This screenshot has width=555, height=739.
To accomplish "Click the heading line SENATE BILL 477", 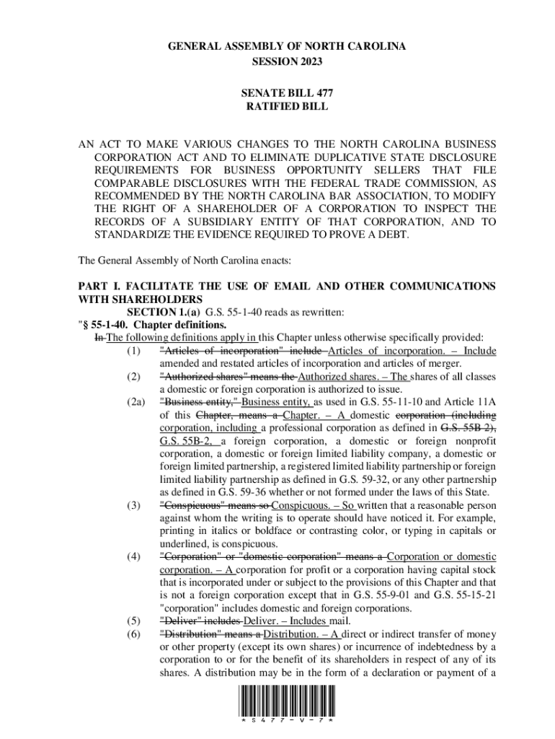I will pyautogui.click(x=287, y=93).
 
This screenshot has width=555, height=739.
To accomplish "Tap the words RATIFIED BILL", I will pyautogui.click(x=287, y=106).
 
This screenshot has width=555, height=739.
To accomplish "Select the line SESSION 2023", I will pyautogui.click(x=287, y=61).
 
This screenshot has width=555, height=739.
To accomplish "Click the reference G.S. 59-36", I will pyautogui.click(x=230, y=492).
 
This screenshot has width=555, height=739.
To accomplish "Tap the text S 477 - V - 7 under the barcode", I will pyautogui.click(x=287, y=722).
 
